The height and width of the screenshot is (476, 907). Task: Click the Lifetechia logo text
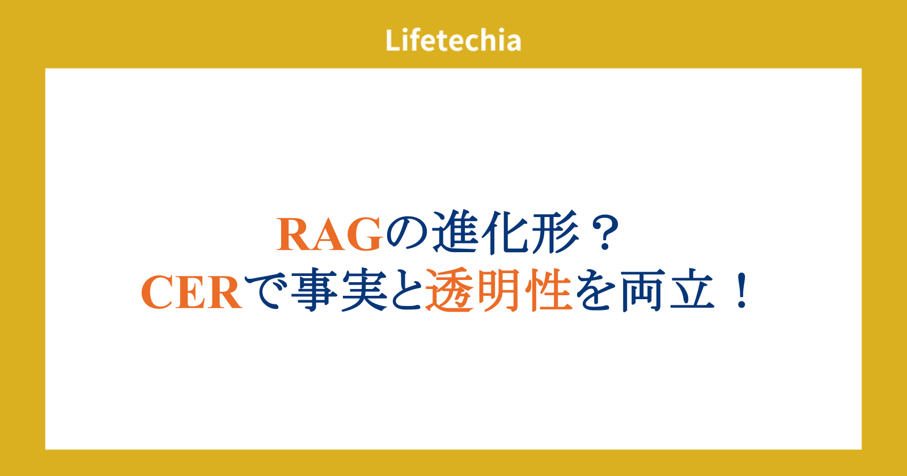[453, 40]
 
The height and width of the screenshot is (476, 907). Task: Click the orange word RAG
[329, 235]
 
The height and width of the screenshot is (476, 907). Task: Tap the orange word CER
[192, 292]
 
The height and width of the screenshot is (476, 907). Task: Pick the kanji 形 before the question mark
[556, 233]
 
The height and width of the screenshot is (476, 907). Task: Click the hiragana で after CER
[266, 291]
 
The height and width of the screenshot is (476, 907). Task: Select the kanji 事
[314, 290]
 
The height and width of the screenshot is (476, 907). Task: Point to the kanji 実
[364, 290]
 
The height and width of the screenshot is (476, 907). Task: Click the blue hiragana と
[407, 291]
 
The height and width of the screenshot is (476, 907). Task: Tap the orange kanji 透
[449, 290]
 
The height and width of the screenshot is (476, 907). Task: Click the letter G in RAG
[365, 235]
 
